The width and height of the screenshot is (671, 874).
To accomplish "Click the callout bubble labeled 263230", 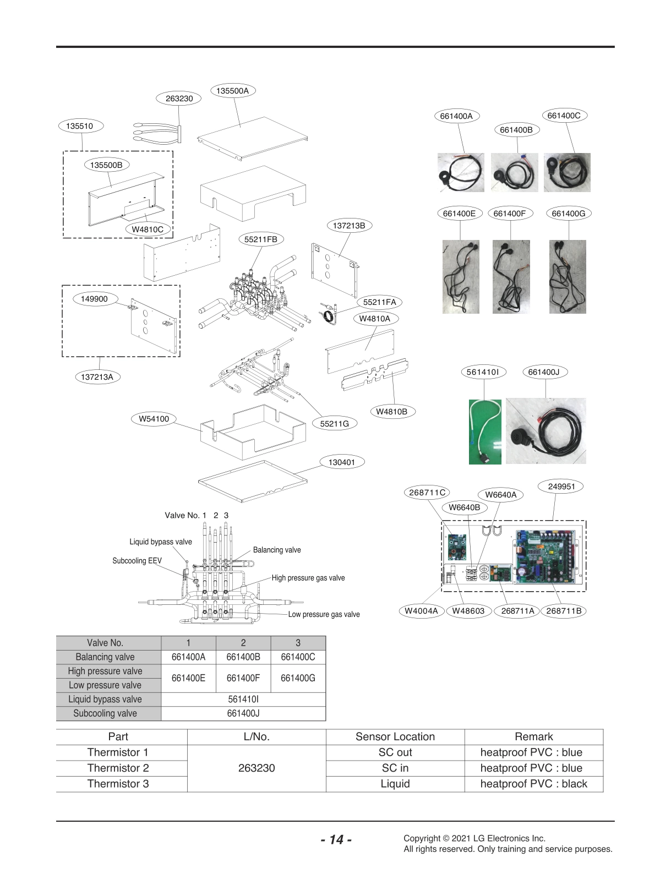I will (x=179, y=99).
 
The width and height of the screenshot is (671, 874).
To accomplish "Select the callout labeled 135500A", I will (x=232, y=91).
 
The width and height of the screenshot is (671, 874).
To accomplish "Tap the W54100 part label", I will (x=154, y=419).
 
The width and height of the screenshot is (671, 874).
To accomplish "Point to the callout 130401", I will (x=341, y=462).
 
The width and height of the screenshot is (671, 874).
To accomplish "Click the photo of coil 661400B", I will (x=514, y=172).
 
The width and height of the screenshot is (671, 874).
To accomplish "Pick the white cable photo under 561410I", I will (x=484, y=431).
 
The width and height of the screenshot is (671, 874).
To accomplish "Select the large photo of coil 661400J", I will (x=545, y=431).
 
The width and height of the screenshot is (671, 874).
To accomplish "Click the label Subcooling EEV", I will (x=137, y=561).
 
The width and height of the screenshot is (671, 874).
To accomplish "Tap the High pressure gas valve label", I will (x=308, y=578).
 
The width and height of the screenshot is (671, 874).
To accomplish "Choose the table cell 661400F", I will (x=243, y=678).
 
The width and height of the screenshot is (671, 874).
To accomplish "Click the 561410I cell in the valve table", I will (x=243, y=699).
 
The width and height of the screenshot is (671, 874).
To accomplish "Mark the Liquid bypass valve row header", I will (x=105, y=699).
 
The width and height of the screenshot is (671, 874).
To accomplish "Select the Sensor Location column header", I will (x=395, y=736).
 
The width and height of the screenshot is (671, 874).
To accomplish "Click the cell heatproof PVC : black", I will (x=533, y=784).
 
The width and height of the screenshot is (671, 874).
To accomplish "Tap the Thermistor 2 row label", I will (x=118, y=768).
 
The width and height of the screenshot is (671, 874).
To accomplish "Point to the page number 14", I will (x=336, y=839).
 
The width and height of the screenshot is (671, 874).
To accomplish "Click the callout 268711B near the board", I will (x=564, y=611).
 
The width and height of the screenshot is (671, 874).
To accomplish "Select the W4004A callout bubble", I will (x=421, y=611).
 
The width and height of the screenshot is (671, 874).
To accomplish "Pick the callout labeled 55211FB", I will (x=261, y=239).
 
